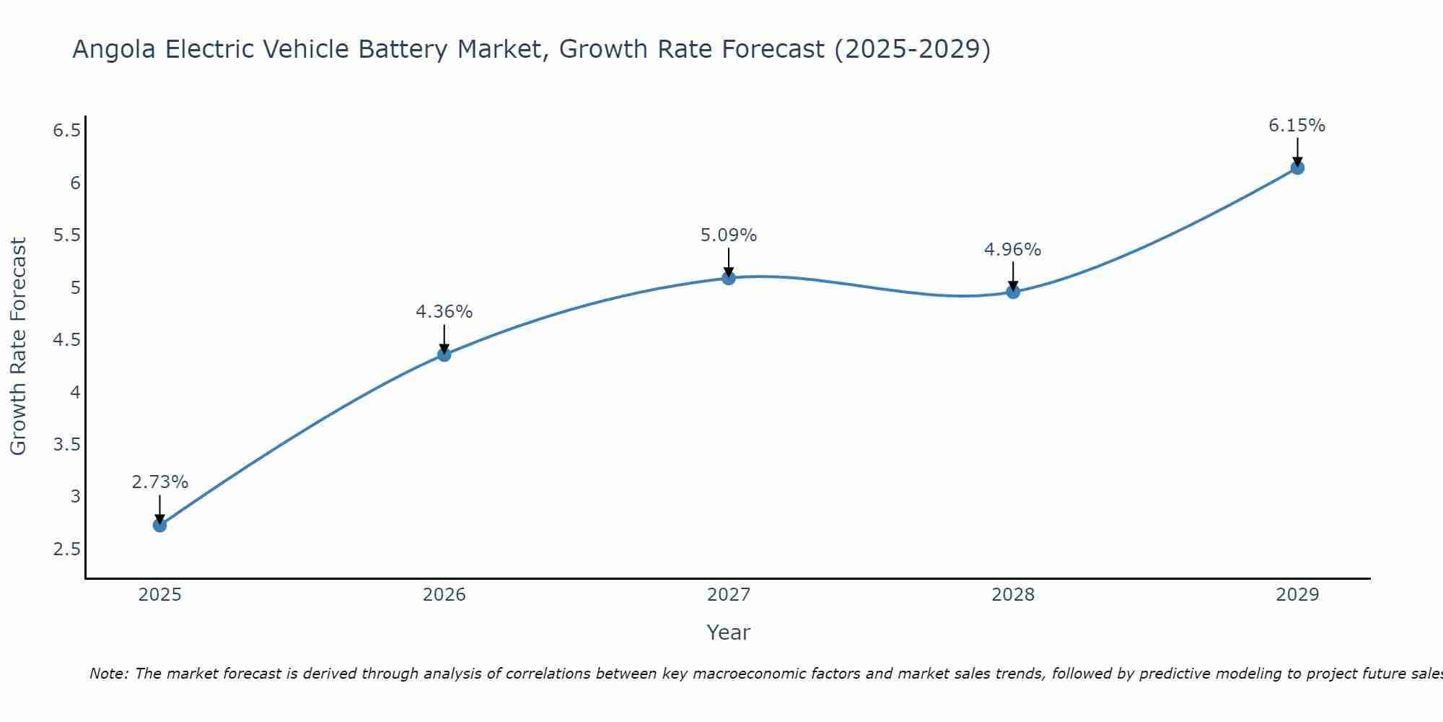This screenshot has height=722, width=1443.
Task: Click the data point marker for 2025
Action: (160, 525)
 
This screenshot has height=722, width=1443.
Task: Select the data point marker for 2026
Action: (444, 355)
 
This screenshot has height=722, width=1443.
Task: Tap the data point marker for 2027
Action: (729, 278)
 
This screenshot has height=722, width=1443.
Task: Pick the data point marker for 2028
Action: (1013, 292)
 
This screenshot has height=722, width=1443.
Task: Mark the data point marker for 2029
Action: (1297, 168)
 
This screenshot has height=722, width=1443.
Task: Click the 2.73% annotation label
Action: (160, 482)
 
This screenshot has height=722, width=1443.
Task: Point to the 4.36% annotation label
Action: (444, 312)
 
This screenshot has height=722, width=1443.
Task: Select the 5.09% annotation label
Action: (729, 235)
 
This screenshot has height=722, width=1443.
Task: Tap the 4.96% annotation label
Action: (1013, 250)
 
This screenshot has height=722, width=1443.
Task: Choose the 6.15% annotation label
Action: (1297, 126)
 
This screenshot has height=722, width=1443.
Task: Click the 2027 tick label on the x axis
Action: (729, 595)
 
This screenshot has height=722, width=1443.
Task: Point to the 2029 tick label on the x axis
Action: (1297, 595)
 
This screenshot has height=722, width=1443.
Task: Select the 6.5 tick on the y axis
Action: (66, 131)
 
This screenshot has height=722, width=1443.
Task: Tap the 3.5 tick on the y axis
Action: (66, 445)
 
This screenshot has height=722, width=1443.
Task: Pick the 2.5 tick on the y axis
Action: (66, 549)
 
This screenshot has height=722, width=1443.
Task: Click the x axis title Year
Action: (729, 632)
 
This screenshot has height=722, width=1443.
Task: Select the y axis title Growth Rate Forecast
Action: (18, 347)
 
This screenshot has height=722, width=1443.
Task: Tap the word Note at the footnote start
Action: (108, 674)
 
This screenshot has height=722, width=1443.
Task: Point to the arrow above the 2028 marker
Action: (1013, 276)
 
